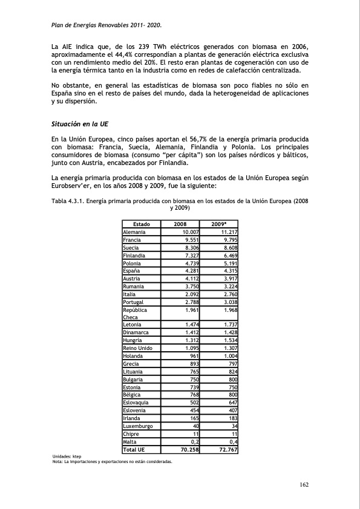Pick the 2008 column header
[180, 224]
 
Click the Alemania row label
[134, 232]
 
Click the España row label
[131, 271]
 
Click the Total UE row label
[134, 450]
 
